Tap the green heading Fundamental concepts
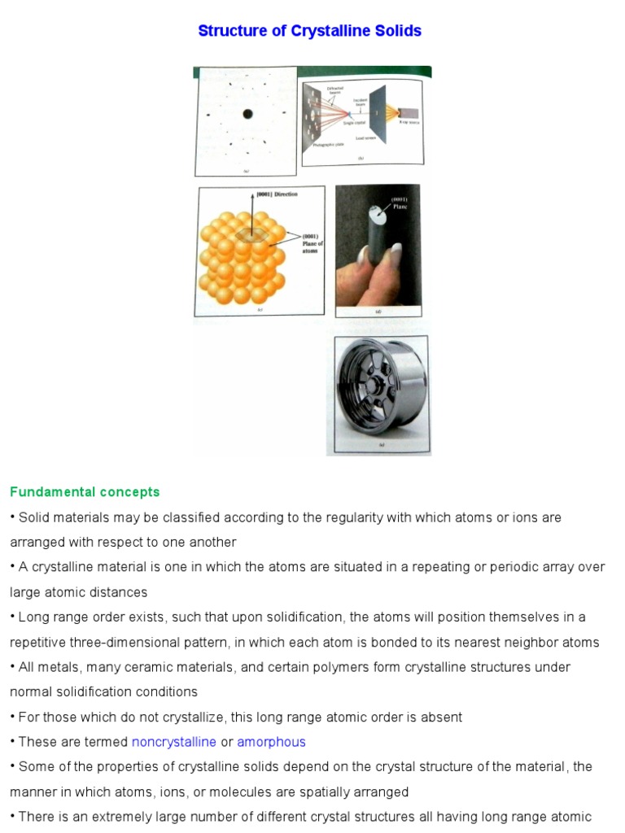coord(85,492)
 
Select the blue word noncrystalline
coord(173,742)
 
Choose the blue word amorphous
coord(271,742)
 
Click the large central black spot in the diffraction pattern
coord(247,115)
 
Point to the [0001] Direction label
coord(276,194)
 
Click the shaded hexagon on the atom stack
coord(253,235)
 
